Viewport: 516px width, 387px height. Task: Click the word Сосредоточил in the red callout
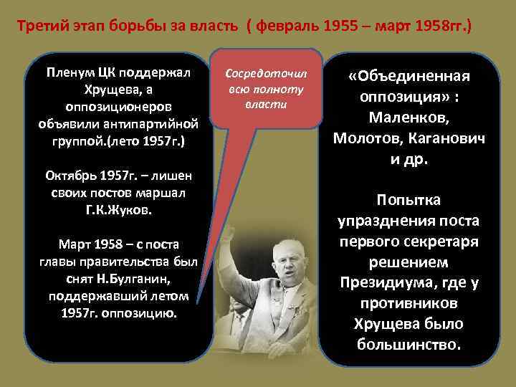coord(266,74)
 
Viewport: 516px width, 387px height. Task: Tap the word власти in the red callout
coord(266,104)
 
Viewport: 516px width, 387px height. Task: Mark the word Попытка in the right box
coord(409,199)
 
